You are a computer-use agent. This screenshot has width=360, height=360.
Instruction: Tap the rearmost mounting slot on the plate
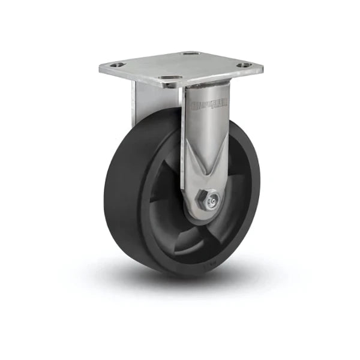(191, 54)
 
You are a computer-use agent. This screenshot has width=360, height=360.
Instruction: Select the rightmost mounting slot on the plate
(242, 65)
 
